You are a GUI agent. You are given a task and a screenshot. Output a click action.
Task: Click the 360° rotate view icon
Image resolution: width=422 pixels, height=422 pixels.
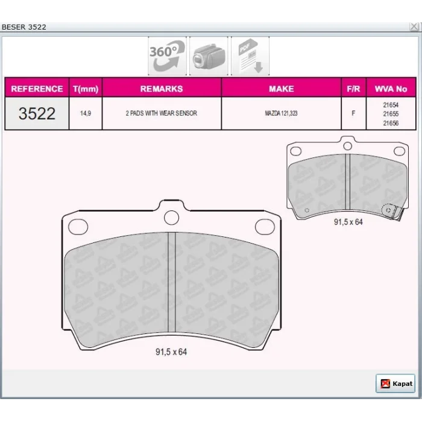(167, 56)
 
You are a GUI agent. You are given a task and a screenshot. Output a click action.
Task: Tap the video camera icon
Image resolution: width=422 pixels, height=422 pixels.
(209, 56)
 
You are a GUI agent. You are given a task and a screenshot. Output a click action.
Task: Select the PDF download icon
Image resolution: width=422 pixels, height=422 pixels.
(250, 56)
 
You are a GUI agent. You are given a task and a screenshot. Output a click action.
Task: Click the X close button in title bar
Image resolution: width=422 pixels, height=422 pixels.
(414, 27)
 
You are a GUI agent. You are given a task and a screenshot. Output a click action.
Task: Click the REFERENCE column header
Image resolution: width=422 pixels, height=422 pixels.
(37, 89)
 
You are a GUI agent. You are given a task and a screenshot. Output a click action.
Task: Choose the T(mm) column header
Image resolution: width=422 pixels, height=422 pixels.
(86, 89)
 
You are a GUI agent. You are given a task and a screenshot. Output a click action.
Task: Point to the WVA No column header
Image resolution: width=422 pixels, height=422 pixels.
(391, 89)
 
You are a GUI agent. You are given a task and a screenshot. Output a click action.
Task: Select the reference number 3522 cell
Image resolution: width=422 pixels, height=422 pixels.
(37, 113)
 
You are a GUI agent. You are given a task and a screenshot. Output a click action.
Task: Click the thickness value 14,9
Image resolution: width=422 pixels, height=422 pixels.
(86, 113)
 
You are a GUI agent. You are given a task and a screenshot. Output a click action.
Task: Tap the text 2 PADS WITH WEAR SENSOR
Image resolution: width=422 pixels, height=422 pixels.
(162, 113)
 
